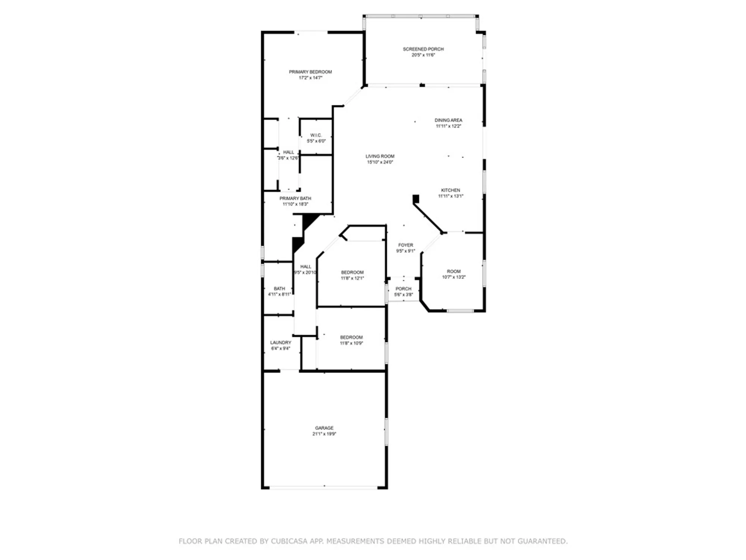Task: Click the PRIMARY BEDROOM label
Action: point(310,72)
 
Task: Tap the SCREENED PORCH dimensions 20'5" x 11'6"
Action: point(423,55)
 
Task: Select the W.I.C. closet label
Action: point(316,135)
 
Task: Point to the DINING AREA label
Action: point(448,120)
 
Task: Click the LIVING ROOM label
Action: point(380,156)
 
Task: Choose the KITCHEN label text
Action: point(450,190)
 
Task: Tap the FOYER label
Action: point(405,245)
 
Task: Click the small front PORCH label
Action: point(403,289)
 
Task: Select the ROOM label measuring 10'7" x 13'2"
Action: point(454,271)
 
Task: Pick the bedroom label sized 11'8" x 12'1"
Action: point(352,273)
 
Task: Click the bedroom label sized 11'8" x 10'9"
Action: point(351,337)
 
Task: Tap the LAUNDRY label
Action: point(280,342)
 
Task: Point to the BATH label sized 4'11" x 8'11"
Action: point(279,289)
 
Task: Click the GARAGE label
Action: point(324,428)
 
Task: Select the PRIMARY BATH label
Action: point(295,198)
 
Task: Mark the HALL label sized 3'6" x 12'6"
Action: point(288,152)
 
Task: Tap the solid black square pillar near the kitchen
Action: point(416,199)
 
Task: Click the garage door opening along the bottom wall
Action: point(324,487)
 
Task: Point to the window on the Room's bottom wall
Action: point(460,311)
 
